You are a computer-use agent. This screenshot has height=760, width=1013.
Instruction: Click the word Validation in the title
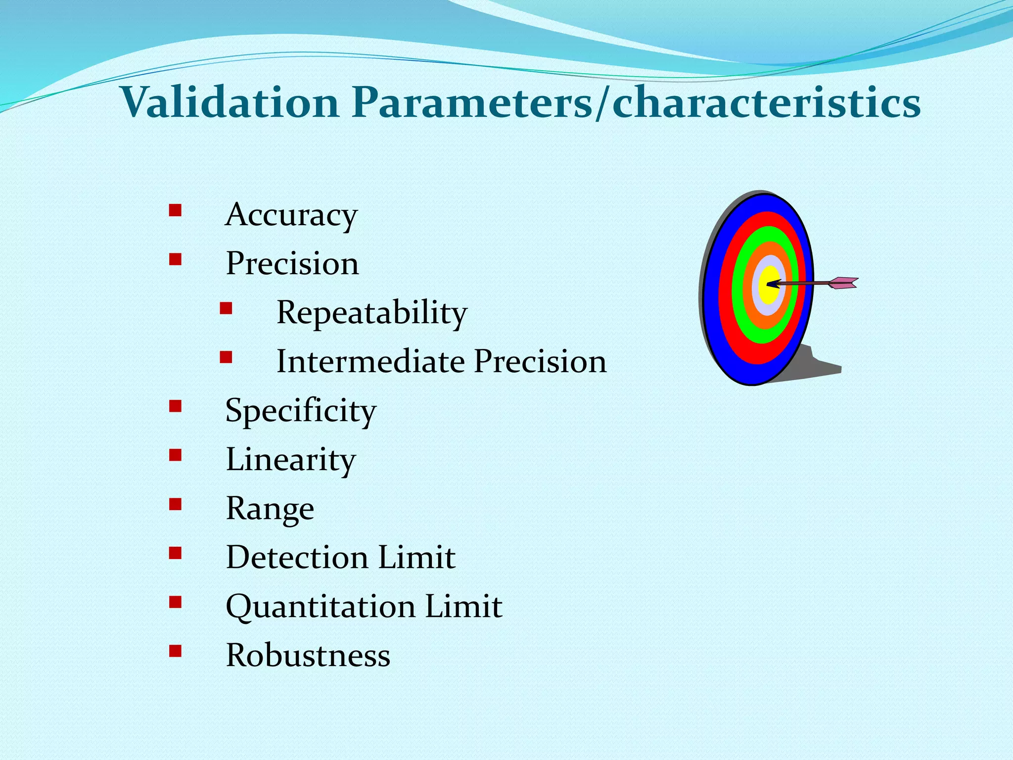230,103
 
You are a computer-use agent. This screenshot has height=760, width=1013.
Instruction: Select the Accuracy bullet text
291,215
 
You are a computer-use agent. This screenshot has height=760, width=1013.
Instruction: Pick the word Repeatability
371,313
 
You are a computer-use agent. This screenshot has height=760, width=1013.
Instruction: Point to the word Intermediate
370,361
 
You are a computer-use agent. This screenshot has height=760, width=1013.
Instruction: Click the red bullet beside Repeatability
226,309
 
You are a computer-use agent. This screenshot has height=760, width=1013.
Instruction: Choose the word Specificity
301,411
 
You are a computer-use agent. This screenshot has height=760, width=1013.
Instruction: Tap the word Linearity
291,460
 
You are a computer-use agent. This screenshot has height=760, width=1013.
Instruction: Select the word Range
270,509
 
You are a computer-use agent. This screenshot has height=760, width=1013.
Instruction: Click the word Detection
297,557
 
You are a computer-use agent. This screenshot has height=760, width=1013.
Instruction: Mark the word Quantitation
321,607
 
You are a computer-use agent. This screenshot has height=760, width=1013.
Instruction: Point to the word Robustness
308,655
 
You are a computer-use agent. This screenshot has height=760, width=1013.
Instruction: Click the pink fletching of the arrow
844,283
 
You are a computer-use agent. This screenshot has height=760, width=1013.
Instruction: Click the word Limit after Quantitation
463,606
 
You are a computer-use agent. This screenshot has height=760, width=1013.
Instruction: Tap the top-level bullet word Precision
292,263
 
